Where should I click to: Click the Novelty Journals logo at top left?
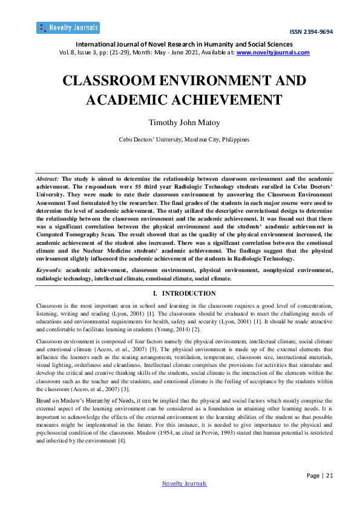coord(68,28)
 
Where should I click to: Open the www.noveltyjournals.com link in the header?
coord(273,53)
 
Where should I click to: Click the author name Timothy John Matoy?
coord(180,122)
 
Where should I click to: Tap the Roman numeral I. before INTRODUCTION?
coord(155,294)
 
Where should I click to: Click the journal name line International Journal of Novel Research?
coord(180,44)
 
